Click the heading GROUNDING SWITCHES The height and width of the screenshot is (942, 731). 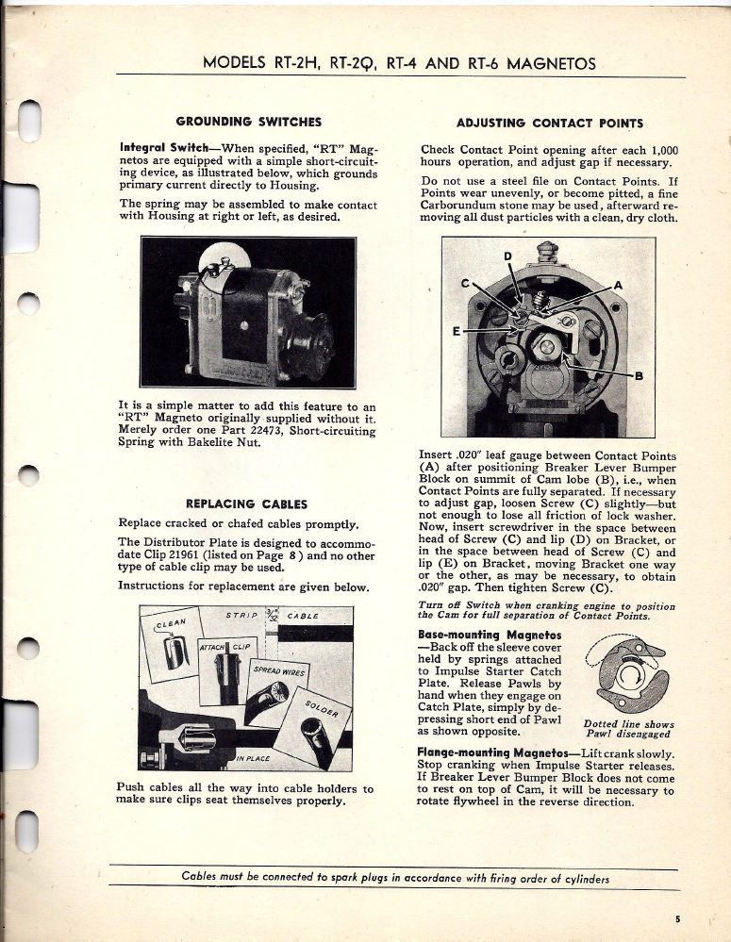coord(249,122)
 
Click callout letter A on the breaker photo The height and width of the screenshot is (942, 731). coord(618,285)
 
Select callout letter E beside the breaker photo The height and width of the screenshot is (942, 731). coord(457,332)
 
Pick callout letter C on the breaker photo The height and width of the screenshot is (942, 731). coord(464,284)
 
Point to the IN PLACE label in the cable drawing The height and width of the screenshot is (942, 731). coord(254,757)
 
